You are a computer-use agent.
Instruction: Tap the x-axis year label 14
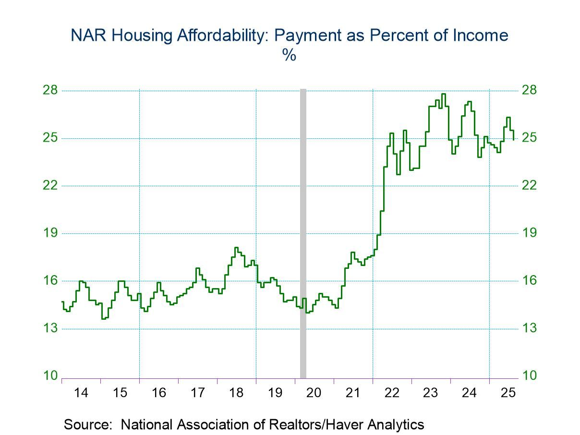[x=81, y=393]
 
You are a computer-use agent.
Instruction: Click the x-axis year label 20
[x=314, y=393]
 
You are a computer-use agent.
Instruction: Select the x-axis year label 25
[x=508, y=393]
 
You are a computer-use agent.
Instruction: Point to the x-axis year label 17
[x=197, y=393]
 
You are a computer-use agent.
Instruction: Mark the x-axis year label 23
[x=430, y=393]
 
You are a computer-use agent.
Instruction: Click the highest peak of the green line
[x=443, y=94]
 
